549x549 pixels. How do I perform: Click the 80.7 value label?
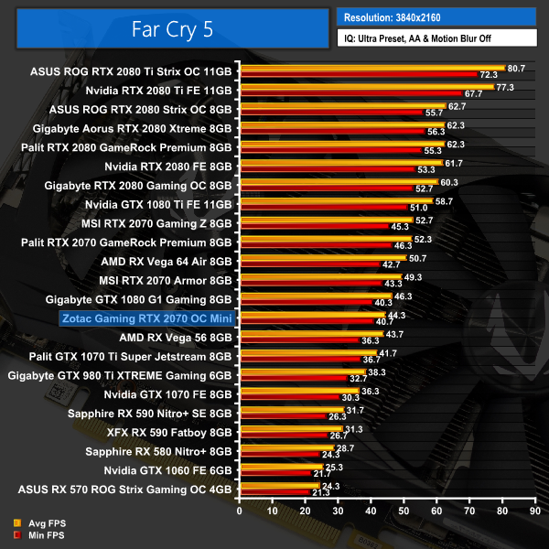click(517, 68)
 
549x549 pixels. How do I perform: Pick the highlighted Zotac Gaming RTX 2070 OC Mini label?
click(147, 318)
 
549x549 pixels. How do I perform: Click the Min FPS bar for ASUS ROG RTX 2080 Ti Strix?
click(358, 74)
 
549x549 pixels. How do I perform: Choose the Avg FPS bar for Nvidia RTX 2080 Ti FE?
click(366, 87)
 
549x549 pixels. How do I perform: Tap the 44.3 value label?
click(397, 315)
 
